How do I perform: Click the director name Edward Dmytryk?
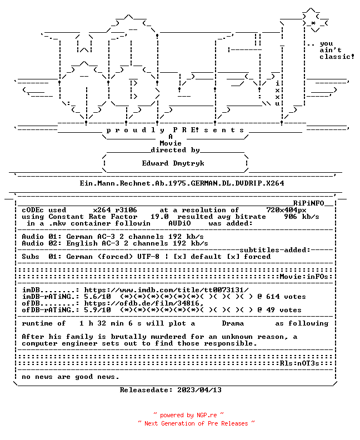point(173,163)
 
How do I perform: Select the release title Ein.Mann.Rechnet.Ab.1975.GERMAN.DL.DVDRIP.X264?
point(182,183)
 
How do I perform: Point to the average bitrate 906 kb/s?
point(301,217)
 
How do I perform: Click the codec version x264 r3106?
point(115,210)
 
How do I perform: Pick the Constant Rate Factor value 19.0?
point(159,217)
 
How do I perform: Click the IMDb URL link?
point(167,290)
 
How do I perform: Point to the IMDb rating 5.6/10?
point(97,297)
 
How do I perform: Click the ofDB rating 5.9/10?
point(97,310)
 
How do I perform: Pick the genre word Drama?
point(233,323)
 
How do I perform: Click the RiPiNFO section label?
point(309,203)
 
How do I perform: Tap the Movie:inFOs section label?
point(304,277)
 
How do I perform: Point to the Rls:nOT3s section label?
point(299,363)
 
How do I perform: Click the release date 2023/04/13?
point(199,390)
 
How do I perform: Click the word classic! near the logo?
point(337,57)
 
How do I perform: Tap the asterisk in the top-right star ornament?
point(313,23)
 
